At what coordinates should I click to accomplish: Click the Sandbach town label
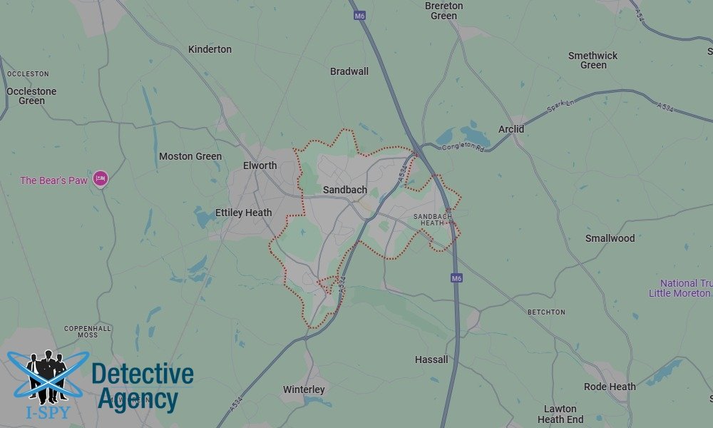[345, 190]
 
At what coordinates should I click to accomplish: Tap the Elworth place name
[260, 165]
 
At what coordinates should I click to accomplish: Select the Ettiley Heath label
[243, 213]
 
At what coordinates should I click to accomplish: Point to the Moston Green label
[190, 156]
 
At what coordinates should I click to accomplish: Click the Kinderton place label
[210, 49]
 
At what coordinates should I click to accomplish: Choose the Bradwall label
[349, 71]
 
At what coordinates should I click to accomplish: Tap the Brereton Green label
[443, 11]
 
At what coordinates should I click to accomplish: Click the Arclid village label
[511, 129]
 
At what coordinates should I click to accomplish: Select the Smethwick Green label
[593, 60]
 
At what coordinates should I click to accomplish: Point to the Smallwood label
[610, 238]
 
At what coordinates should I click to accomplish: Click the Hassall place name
[431, 360]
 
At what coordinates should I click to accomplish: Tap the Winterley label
[304, 389]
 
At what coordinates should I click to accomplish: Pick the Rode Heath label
[610, 387]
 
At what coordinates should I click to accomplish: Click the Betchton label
[546, 312]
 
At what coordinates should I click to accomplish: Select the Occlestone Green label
[31, 96]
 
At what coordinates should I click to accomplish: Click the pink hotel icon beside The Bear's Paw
[101, 179]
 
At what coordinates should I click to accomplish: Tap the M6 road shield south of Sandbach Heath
[456, 278]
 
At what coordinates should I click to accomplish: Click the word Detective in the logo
[143, 374]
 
